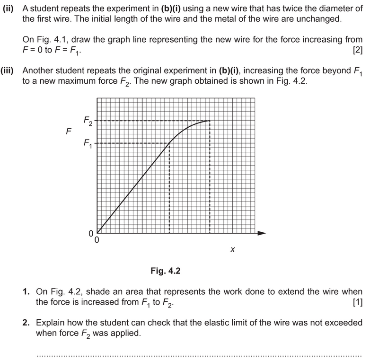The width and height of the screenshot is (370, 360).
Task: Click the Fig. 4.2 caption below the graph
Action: (165, 271)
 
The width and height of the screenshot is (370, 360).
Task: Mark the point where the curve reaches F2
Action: (210, 121)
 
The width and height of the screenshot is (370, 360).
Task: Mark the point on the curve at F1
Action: (169, 143)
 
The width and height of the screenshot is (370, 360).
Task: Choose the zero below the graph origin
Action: (97, 241)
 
